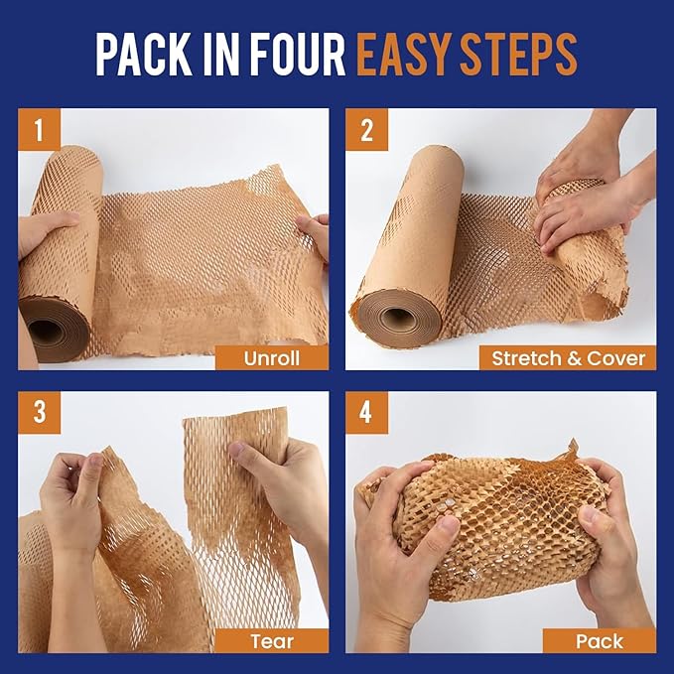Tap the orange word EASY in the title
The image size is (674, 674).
(x=402, y=55)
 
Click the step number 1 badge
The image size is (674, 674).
(x=39, y=129)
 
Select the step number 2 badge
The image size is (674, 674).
(x=366, y=129)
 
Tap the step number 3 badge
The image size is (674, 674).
(x=39, y=411)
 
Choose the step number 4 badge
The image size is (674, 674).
(x=366, y=411)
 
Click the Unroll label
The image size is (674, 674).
(x=272, y=358)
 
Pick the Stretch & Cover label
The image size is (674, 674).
(x=568, y=358)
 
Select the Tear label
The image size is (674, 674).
(x=272, y=640)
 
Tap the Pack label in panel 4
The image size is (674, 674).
(x=599, y=640)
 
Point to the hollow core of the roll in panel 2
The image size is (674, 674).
(x=399, y=318)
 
